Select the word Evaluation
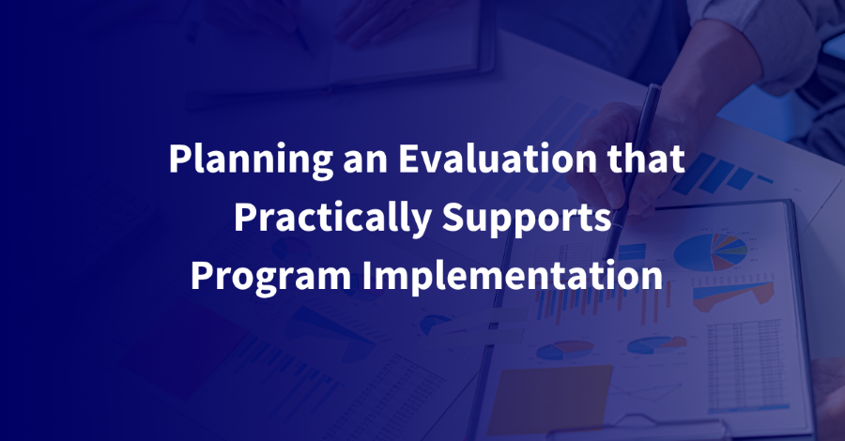498,159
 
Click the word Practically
332,218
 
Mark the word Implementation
512,276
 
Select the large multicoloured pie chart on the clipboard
711,251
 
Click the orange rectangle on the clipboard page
549,400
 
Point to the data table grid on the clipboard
745,366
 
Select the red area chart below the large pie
733,294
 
